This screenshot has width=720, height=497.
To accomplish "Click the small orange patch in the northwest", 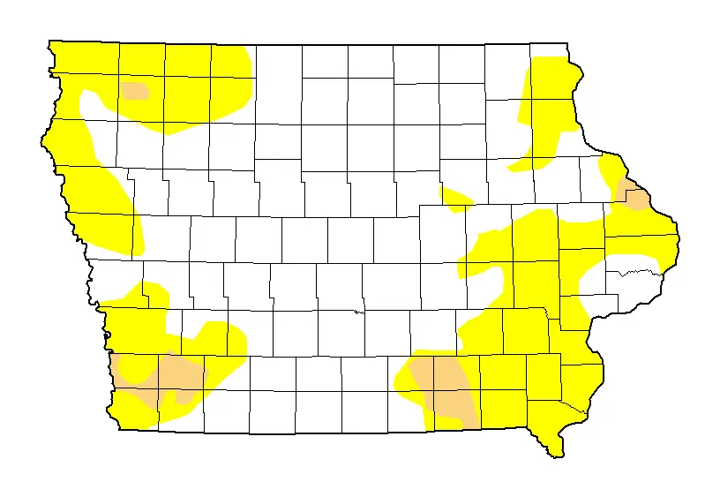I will tap(135, 90).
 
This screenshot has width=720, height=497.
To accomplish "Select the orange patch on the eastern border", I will tap(634, 197).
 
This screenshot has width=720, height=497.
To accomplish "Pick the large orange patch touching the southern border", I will tap(446, 387).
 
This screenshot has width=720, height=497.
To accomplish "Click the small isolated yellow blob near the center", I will tap(456, 199).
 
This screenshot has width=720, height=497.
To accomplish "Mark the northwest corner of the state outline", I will tap(49, 42).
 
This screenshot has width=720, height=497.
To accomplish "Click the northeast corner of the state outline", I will tap(566, 43).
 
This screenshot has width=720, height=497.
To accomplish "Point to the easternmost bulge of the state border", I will tap(678, 233).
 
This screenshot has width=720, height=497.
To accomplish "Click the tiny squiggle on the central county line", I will tap(356, 311).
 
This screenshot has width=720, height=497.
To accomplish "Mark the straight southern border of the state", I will tap(309, 433).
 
